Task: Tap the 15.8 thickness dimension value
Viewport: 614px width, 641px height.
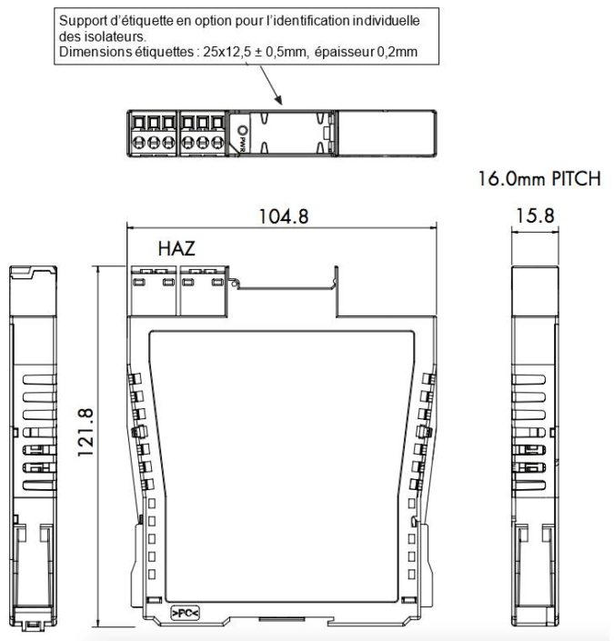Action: [534, 216]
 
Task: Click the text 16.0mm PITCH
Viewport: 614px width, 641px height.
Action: [539, 180]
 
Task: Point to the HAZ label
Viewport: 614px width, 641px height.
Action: [177, 248]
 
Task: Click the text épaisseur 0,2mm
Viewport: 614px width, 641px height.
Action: [365, 52]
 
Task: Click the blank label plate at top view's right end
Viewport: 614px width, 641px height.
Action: [388, 134]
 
